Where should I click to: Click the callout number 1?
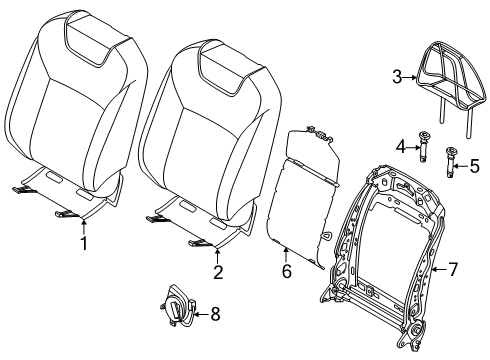pos(84,243)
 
